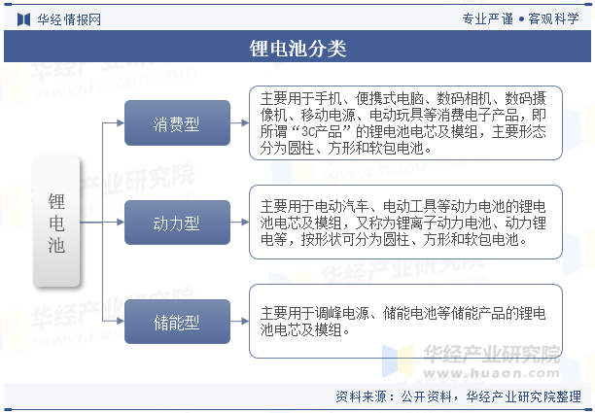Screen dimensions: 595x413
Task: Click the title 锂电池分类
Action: point(297,49)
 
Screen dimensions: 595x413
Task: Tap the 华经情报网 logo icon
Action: point(24,19)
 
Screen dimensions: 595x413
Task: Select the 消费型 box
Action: point(177,122)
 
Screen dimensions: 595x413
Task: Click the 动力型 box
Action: point(177,223)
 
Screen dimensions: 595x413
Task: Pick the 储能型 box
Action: point(177,322)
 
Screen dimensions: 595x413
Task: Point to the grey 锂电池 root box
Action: point(56,222)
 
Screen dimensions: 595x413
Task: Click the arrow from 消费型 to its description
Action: point(239,122)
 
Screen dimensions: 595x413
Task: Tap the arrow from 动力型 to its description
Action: point(239,223)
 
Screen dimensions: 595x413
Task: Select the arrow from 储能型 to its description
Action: point(239,322)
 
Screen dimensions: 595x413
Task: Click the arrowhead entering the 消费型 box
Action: point(121,122)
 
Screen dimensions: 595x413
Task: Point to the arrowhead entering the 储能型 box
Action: point(121,322)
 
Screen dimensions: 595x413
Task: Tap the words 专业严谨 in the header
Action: point(488,18)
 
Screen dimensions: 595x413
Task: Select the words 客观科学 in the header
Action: point(553,18)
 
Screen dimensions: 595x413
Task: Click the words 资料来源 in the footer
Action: point(362,396)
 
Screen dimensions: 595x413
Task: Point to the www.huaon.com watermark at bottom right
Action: point(492,373)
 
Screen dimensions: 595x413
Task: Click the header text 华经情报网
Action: point(69,19)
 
